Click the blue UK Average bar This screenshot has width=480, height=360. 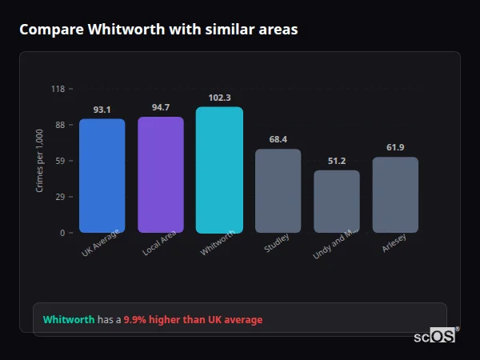click(x=102, y=176)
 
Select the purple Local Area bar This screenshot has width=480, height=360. click(x=161, y=175)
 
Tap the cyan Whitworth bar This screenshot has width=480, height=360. click(x=219, y=170)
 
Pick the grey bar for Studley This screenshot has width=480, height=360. click(x=278, y=191)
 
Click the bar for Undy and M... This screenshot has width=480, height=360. click(x=337, y=202)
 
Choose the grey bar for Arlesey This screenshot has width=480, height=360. click(x=395, y=195)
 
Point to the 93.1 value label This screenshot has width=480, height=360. click(x=102, y=110)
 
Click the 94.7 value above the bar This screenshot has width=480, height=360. click(x=161, y=107)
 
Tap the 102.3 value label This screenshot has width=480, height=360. click(x=219, y=98)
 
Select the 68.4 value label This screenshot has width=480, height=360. click(x=278, y=139)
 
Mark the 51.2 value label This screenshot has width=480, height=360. click(x=337, y=161)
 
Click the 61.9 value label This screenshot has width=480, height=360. click(x=395, y=147)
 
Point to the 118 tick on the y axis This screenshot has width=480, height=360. click(x=58, y=89)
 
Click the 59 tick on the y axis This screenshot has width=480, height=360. click(x=60, y=161)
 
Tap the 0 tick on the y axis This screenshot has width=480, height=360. click(x=62, y=233)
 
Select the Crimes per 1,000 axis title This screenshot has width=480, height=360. click(x=39, y=161)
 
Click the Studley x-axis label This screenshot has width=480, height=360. click(x=277, y=244)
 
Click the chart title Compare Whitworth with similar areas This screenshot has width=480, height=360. click(x=158, y=30)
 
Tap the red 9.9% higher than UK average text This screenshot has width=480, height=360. click(x=193, y=320)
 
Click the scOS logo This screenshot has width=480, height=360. click(x=434, y=336)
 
